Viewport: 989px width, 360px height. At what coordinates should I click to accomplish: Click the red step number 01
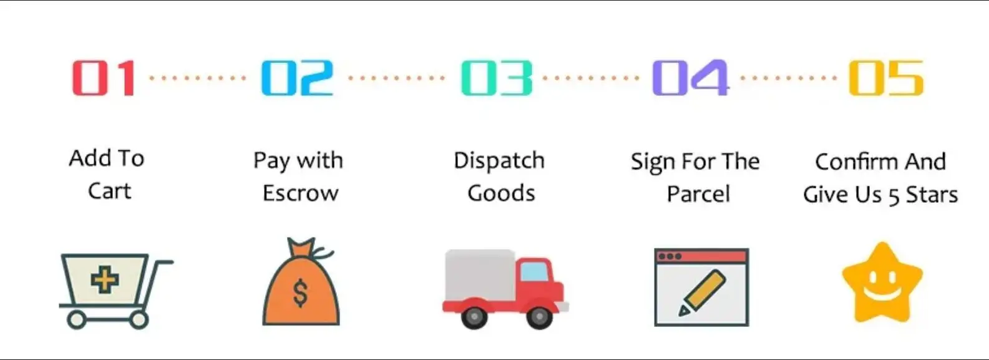(104, 78)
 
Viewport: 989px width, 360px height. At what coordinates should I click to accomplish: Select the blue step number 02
(297, 78)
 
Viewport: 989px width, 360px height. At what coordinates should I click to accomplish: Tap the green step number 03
(497, 78)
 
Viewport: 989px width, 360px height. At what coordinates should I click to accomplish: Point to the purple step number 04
(690, 78)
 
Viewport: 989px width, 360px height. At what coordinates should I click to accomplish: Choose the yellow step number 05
(886, 78)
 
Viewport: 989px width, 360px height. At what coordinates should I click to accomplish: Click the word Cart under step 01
(110, 191)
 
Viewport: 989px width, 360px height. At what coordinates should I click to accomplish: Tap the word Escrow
(300, 193)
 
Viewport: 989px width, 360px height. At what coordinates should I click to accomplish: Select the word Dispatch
(499, 161)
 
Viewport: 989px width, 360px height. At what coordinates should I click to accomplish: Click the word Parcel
(698, 194)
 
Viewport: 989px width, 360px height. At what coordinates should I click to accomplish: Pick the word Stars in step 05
(932, 195)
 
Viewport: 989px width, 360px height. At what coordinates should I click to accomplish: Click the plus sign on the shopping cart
(105, 280)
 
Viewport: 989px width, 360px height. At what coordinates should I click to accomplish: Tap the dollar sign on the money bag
(300, 293)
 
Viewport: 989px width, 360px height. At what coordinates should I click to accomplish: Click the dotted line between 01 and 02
(198, 78)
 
